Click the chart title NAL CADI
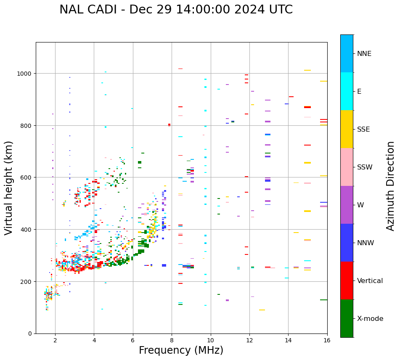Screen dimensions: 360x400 [176, 10]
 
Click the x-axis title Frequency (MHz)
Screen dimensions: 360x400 [181, 350]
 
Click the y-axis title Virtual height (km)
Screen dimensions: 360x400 [9, 188]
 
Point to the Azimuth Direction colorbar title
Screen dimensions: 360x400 [391, 186]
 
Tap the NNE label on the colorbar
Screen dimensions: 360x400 [364, 53]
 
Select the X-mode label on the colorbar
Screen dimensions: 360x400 [370, 319]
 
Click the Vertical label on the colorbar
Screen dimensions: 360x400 [370, 281]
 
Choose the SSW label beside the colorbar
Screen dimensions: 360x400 [365, 167]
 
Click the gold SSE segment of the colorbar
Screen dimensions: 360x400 [347, 129]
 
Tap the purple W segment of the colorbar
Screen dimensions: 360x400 [347, 205]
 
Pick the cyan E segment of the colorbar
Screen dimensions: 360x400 [347, 91]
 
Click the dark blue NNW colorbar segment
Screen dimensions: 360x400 [347, 243]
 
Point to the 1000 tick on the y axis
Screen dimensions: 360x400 [26, 74]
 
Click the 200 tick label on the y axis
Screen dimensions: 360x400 [27, 281]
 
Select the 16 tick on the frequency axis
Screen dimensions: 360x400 [327, 341]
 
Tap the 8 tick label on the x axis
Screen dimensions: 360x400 [172, 341]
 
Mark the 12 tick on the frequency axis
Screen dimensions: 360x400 [249, 341]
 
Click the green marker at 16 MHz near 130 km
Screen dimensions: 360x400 [323, 300]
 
